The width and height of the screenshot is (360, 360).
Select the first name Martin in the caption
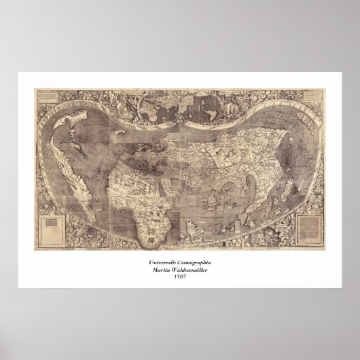159,269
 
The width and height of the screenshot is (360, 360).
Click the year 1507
179,276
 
